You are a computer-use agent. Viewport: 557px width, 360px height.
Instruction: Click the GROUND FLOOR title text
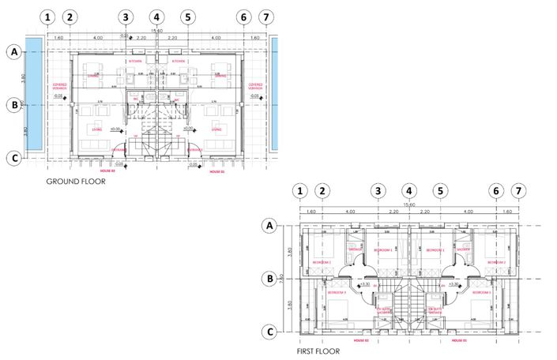click(76, 181)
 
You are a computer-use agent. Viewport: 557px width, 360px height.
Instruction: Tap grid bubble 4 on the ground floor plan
click(156, 17)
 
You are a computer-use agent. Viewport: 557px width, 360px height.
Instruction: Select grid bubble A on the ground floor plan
click(13, 52)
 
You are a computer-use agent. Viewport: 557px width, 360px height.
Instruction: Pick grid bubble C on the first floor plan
click(269, 332)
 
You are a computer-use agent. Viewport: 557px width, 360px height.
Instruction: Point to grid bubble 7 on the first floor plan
click(518, 190)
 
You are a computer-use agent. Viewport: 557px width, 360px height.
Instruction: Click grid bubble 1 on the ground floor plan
click(50, 17)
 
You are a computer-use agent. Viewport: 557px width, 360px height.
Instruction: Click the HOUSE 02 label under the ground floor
click(107, 171)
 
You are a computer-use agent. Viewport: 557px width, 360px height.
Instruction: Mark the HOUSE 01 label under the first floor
click(460, 342)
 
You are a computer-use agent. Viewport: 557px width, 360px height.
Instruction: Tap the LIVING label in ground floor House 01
click(215, 129)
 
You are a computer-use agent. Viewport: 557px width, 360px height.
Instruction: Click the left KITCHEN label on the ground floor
click(135, 61)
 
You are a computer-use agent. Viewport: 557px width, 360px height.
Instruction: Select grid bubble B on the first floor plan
click(269, 278)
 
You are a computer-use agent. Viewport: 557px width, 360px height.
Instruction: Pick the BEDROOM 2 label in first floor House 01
click(496, 262)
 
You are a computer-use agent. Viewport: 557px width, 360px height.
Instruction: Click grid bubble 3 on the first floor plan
click(378, 190)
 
